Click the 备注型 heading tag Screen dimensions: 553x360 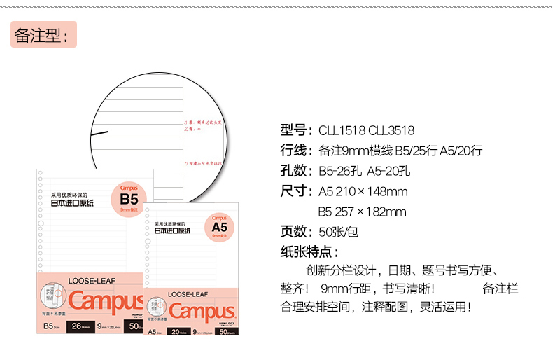coord(43,34)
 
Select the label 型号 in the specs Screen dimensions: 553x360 coord(294,130)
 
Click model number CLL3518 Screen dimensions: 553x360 coord(391,130)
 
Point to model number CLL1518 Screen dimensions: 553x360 coord(342,130)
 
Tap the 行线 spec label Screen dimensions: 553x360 coord(294,150)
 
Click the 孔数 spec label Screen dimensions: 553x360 coord(294,170)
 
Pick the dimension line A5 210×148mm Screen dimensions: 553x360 coord(363,191)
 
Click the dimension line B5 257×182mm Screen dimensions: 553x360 coord(363,212)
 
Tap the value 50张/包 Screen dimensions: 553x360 coord(339,232)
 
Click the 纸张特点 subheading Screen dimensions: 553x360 coord(309,252)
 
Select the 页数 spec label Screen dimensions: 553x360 coord(294,232)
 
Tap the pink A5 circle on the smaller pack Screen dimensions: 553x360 coord(219,226)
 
